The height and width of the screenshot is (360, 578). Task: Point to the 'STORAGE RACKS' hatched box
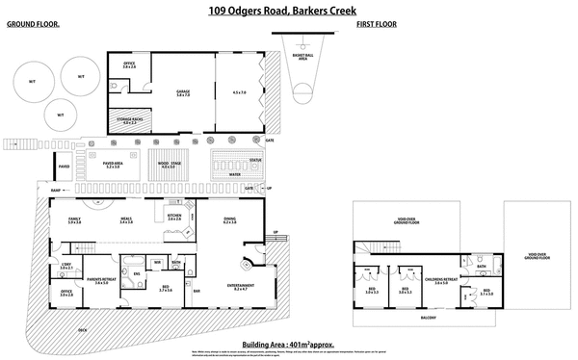tap(128, 120)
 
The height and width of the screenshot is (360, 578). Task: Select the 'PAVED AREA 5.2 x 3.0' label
tap(117, 165)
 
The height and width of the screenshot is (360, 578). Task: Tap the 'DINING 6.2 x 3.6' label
tap(230, 220)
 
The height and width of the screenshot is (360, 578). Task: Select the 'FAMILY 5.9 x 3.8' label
tap(74, 220)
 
